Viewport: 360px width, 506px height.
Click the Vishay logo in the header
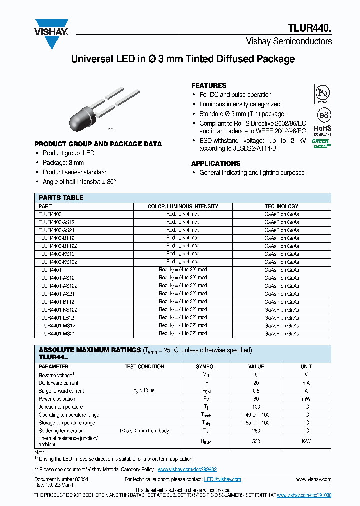(51, 33)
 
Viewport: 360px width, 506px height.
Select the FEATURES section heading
(209, 85)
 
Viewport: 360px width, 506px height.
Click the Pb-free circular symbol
(322, 93)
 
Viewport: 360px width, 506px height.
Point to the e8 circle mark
(323, 115)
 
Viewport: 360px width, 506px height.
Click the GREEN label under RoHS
(320, 141)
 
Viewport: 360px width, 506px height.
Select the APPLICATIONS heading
(216, 163)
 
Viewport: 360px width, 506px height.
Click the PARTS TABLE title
(61, 198)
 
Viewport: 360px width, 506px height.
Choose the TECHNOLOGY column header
(281, 206)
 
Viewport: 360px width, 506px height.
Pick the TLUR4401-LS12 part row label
(56, 318)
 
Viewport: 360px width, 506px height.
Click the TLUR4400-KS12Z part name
(58, 262)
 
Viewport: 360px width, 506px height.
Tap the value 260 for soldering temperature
(256, 431)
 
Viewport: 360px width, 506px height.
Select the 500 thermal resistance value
(256, 442)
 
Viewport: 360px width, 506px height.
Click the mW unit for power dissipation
(306, 399)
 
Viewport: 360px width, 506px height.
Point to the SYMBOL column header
(206, 367)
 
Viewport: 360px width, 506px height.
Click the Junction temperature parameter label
(61, 407)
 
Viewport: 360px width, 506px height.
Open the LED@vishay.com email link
(222, 479)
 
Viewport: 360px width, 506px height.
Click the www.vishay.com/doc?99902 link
(187, 470)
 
